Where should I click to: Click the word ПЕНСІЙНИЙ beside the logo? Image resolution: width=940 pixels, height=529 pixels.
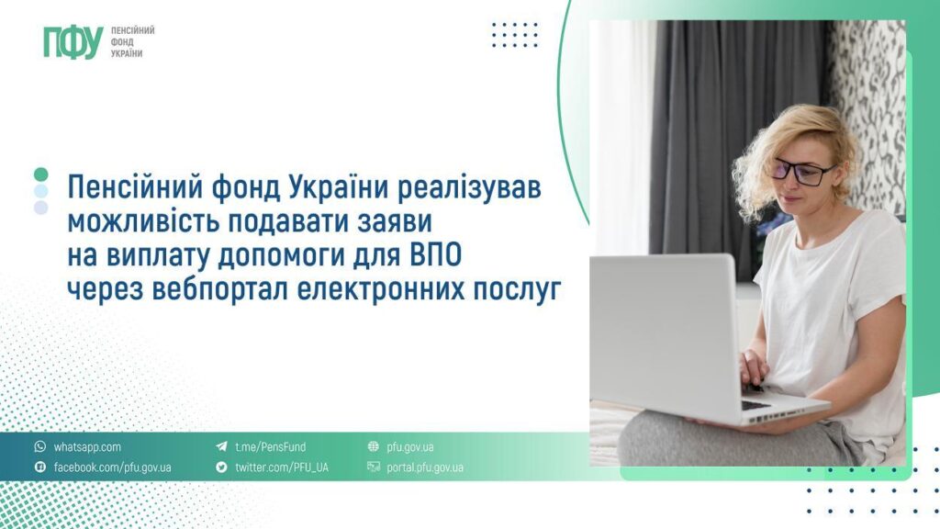132,30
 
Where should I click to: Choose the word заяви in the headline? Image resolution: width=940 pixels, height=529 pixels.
378,223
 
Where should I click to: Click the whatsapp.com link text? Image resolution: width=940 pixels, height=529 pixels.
87,447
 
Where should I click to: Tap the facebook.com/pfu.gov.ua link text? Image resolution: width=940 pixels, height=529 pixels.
112,467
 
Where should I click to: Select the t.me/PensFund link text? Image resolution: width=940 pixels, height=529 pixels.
270,447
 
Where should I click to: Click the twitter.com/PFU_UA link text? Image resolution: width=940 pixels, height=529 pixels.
281,467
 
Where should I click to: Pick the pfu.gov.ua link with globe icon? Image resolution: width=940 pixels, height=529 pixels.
410,447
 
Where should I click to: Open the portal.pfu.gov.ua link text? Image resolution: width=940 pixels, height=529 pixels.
425,467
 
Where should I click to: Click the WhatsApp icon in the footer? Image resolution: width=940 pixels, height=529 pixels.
39,447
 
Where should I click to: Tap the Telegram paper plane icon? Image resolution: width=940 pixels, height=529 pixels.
221,447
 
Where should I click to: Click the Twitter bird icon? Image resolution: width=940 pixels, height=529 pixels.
221,467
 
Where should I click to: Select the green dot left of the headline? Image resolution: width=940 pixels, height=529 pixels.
40,174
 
